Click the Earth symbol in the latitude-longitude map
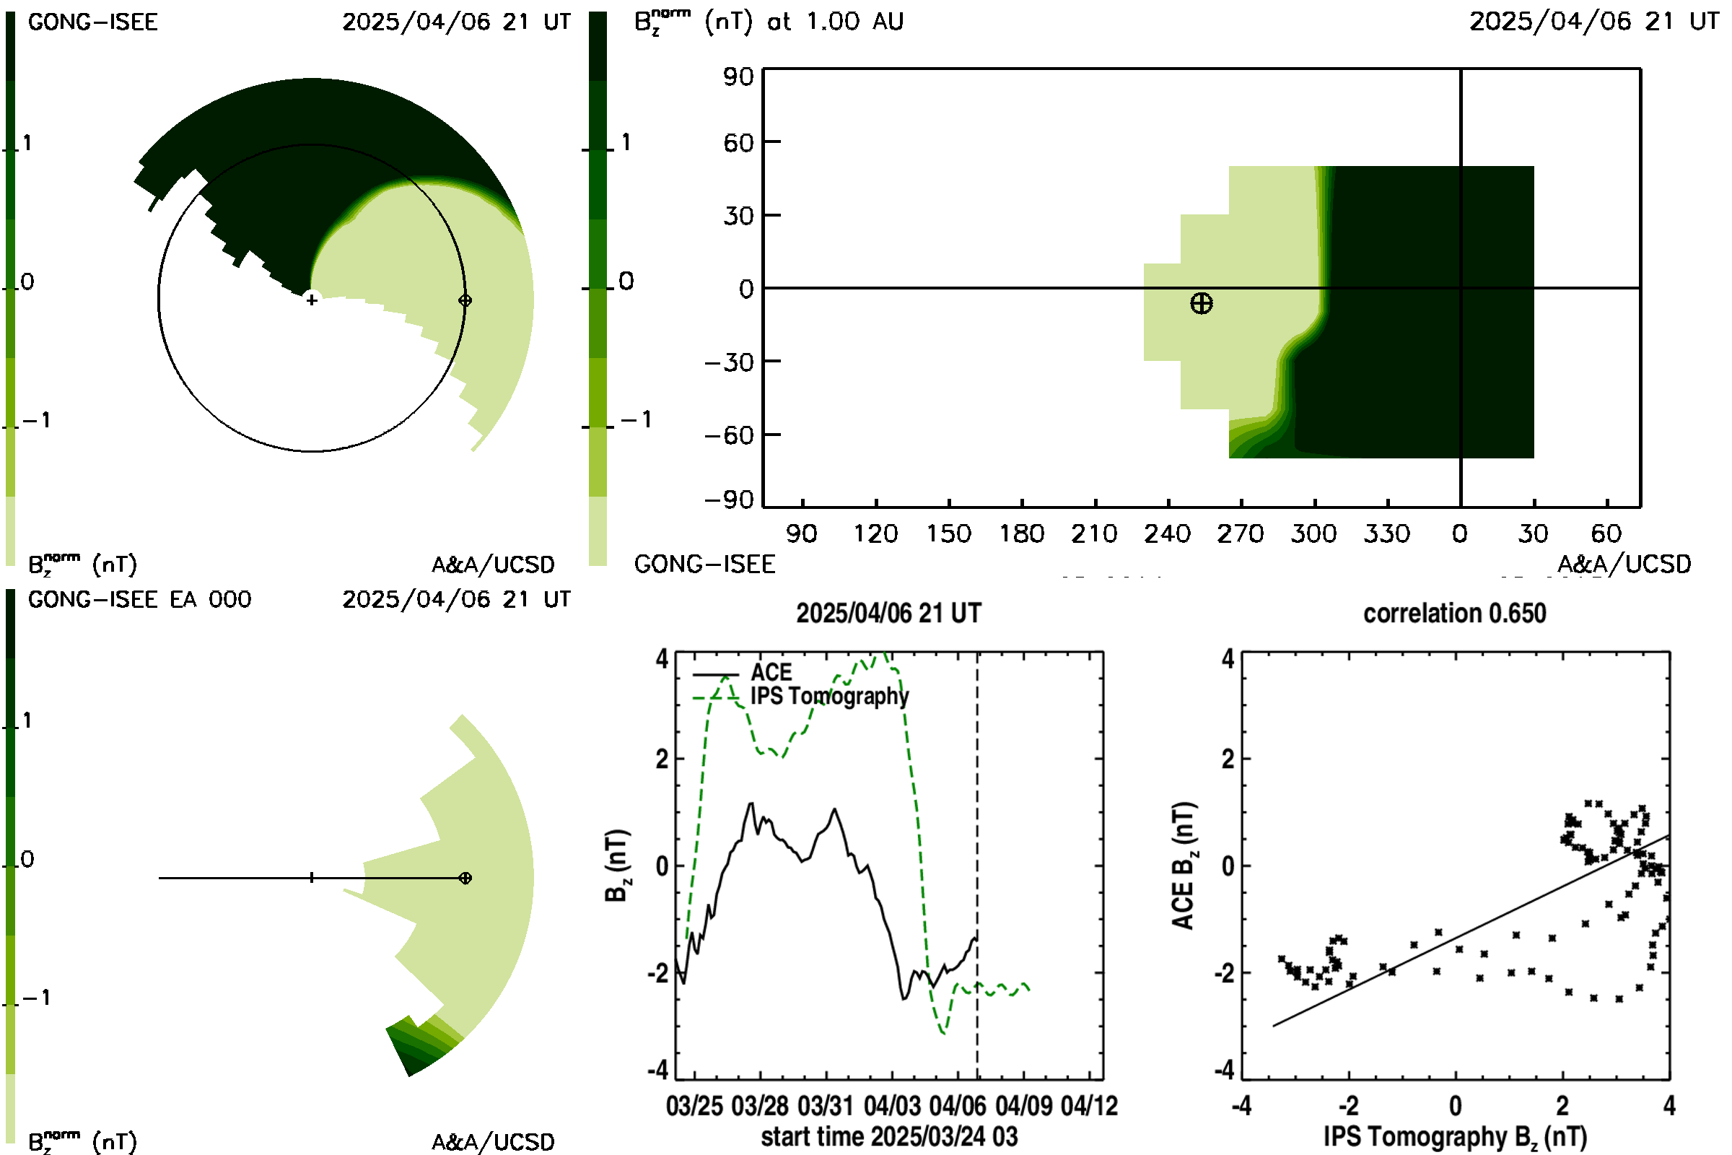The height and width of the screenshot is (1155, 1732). point(1201,303)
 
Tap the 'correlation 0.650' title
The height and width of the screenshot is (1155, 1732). point(1454,613)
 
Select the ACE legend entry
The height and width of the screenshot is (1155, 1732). point(743,673)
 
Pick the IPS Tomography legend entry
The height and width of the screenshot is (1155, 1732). point(800,696)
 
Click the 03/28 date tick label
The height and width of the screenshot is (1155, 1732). point(760,1106)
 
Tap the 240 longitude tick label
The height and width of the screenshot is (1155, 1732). point(1167,533)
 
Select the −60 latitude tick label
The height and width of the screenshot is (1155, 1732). point(729,435)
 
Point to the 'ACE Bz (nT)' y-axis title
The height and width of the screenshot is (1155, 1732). point(1183,866)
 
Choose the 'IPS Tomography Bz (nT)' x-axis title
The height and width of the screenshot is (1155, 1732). point(1455,1138)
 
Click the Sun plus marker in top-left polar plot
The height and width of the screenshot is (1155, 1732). point(312,300)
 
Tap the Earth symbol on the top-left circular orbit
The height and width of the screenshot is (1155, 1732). point(465,300)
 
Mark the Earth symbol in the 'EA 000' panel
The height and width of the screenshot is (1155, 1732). point(465,878)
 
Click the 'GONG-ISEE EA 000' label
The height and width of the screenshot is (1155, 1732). point(140,600)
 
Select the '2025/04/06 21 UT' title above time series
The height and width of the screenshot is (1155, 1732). point(889,613)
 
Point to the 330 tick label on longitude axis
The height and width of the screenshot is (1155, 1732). point(1386,533)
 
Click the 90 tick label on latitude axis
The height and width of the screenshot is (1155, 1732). point(738,77)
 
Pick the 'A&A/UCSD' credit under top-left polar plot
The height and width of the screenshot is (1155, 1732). point(493,565)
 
